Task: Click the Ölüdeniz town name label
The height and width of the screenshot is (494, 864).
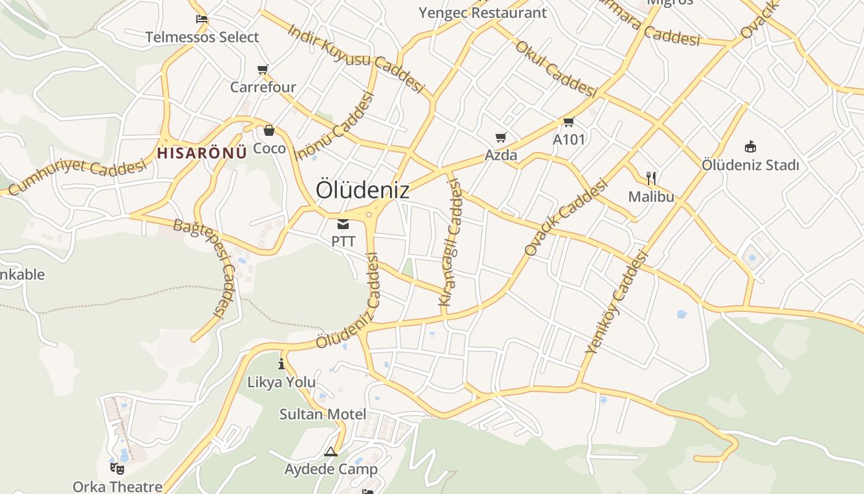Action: click(x=362, y=190)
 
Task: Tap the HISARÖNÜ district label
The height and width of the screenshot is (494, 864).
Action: click(x=202, y=153)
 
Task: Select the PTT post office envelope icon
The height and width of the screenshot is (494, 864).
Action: click(x=343, y=224)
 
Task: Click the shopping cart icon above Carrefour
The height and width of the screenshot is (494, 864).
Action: click(x=263, y=69)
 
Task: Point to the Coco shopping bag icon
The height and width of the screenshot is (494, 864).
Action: click(x=269, y=130)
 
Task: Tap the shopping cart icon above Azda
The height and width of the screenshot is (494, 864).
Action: click(x=501, y=137)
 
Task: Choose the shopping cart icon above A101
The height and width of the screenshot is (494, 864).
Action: click(x=568, y=122)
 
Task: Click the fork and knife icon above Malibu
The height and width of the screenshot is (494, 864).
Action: click(x=651, y=179)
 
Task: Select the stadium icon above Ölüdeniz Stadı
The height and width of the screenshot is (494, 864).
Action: click(x=750, y=146)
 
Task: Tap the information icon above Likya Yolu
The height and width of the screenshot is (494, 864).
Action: click(x=281, y=364)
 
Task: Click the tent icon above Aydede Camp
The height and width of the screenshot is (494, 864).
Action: click(x=331, y=451)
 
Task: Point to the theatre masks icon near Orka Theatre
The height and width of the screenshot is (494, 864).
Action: click(x=117, y=468)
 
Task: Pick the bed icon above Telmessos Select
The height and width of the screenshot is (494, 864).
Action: click(x=202, y=19)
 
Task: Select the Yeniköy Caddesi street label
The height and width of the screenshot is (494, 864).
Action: click(x=617, y=302)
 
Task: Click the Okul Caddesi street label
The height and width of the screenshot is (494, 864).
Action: click(x=555, y=69)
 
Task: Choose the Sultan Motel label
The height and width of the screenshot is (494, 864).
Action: click(x=323, y=414)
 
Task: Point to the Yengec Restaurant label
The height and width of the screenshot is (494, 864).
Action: click(x=483, y=12)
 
